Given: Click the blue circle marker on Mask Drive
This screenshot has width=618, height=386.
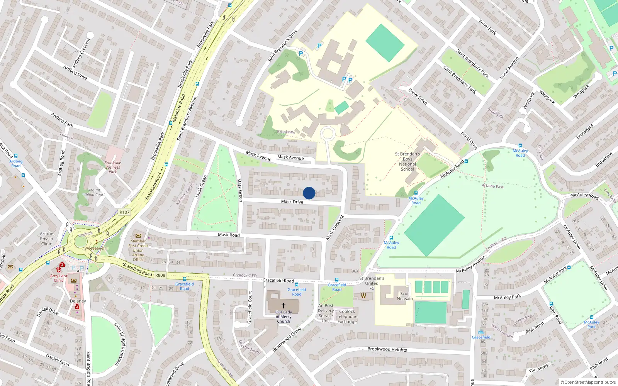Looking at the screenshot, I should [x=309, y=193].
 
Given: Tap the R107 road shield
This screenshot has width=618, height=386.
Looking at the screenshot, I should [x=124, y=212].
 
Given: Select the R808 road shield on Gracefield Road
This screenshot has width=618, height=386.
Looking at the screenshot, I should [x=160, y=275].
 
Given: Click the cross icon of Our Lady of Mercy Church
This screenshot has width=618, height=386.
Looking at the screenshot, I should [x=284, y=305].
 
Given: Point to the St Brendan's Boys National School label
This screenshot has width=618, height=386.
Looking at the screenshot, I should [x=407, y=161].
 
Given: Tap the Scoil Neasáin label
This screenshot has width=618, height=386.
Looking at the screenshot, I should [x=405, y=296].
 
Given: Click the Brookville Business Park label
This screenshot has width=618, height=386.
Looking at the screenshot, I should [x=113, y=167].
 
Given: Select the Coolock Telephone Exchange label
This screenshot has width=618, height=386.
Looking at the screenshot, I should [x=347, y=317].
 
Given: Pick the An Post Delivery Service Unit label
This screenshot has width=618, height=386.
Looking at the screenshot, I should [x=326, y=313].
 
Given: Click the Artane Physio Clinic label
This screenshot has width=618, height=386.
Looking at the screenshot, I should [x=46, y=239].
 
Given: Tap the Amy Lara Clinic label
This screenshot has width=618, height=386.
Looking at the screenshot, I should [x=59, y=278].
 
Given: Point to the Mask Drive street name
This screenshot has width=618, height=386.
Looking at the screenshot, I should [x=292, y=201].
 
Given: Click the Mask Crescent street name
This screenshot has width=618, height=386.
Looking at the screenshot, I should [x=334, y=228].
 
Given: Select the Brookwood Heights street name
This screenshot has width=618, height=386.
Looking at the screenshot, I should [x=387, y=349].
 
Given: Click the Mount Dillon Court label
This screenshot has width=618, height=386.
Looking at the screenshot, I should [x=95, y=192].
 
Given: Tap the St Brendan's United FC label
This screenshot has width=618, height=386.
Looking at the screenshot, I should [x=372, y=283].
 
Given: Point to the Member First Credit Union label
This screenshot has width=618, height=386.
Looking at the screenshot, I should [x=138, y=250].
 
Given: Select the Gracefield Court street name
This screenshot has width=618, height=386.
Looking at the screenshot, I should [x=250, y=307].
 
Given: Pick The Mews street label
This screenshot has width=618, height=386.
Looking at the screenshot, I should [x=538, y=369].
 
